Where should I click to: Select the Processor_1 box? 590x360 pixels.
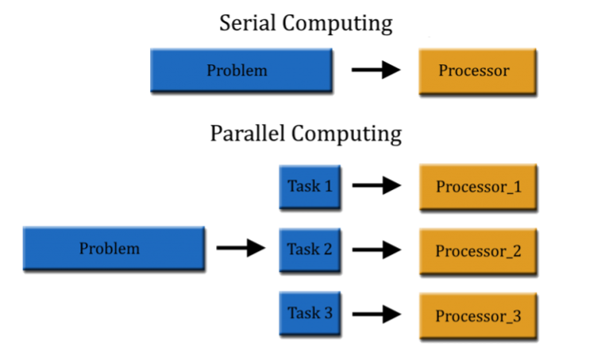478,188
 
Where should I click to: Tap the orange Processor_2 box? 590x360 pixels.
478,252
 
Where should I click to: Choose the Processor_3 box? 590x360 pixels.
478,316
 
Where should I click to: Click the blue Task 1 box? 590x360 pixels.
310,188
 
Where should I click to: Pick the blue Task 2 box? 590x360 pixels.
310,250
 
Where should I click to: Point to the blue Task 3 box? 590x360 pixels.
310,313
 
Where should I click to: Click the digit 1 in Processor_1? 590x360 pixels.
517,188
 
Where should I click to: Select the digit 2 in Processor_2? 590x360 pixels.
517,252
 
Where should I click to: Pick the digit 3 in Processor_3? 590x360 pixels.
517,316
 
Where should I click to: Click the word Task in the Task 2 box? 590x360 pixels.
303,249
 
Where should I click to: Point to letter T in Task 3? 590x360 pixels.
291,313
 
